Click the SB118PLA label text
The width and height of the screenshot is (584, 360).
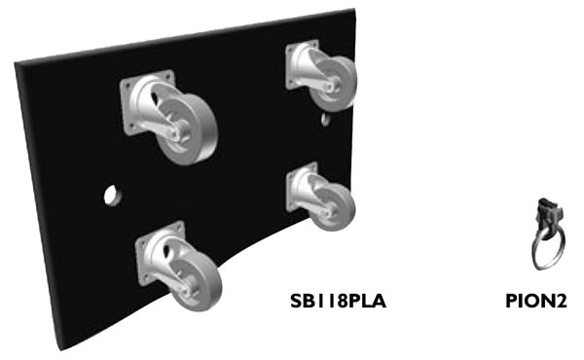coord(338,302)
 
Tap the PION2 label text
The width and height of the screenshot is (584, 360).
coord(536,302)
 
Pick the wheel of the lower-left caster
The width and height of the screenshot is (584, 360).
coord(196,280)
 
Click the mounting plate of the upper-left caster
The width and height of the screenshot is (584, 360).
coord(147,102)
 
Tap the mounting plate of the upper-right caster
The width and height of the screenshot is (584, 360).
coord(302,65)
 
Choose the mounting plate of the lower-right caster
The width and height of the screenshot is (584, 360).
coord(302,187)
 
